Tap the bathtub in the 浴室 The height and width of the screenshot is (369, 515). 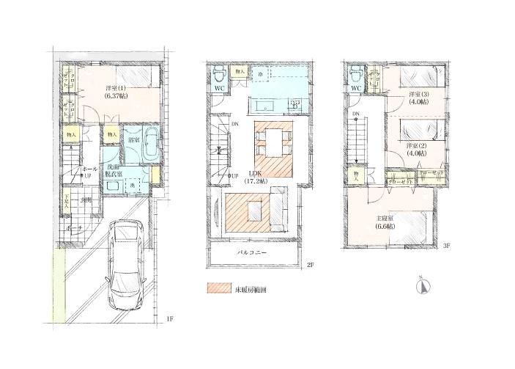pos(148,146)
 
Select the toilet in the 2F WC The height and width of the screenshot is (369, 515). pos(219,75)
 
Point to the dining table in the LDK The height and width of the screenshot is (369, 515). pos(273,141)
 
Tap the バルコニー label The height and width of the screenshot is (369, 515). pos(252,253)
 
